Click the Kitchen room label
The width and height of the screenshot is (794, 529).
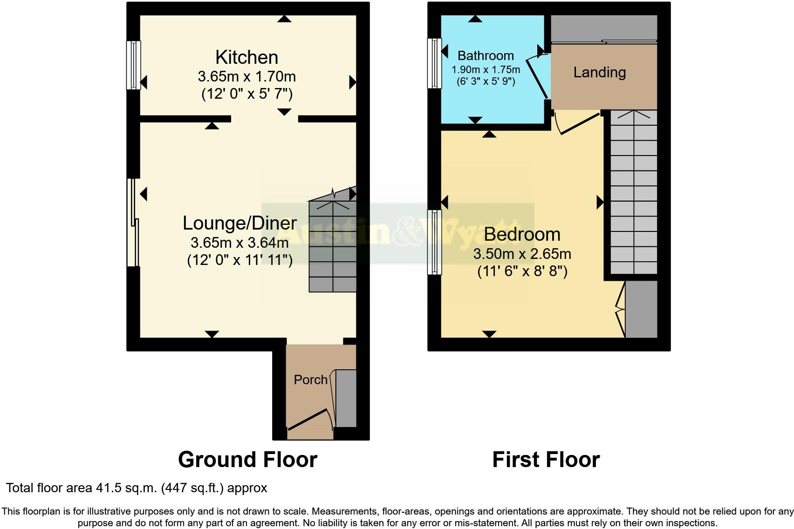(x=246, y=57)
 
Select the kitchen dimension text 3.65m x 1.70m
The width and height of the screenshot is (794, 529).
(x=246, y=76)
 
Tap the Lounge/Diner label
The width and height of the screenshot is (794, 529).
(x=240, y=223)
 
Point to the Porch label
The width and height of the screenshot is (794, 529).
(x=310, y=380)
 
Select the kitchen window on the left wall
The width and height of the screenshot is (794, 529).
(x=134, y=65)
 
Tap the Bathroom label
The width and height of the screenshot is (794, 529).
(x=486, y=55)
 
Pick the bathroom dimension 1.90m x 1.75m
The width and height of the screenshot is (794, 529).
(x=486, y=70)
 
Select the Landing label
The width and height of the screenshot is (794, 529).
(x=599, y=72)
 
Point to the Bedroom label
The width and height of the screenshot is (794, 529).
(x=522, y=234)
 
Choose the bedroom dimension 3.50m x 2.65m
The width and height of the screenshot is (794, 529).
(x=522, y=254)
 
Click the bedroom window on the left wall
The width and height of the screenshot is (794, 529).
(x=435, y=242)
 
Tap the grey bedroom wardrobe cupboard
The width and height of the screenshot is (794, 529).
(x=641, y=309)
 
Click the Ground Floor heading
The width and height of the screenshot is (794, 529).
(x=247, y=460)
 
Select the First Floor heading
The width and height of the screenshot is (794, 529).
(x=546, y=460)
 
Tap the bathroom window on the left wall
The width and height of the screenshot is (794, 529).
(x=435, y=63)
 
